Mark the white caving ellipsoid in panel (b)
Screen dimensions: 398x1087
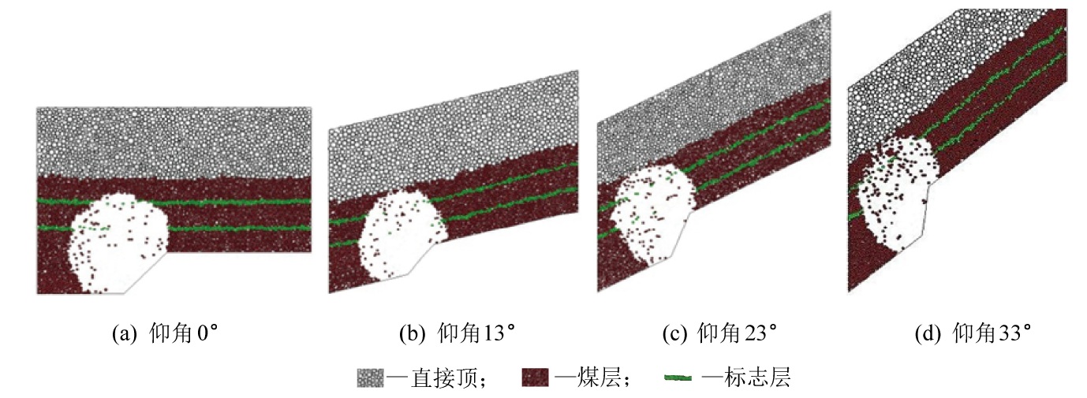pos(398,236)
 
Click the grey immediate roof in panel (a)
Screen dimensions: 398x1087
pos(174,142)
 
